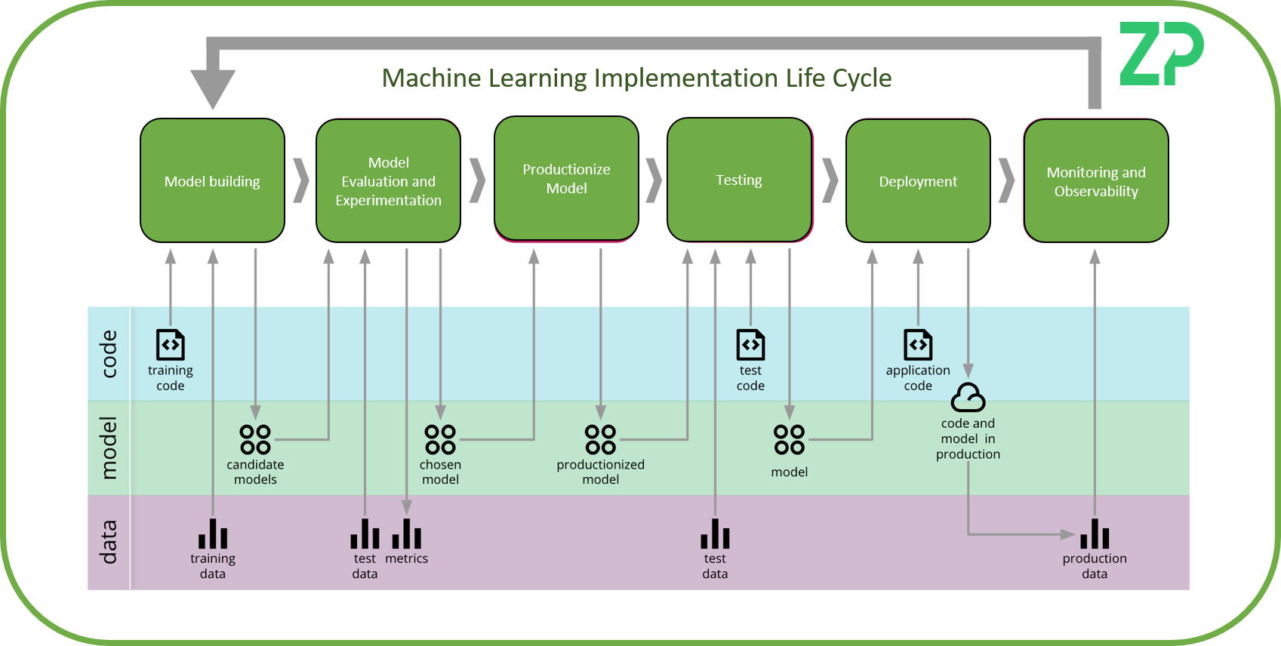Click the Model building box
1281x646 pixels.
coord(212,181)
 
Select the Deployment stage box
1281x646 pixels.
coord(918,181)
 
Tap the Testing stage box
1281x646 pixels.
coord(739,180)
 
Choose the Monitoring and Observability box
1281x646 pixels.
coord(1096,181)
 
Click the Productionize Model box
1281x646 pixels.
coord(566,179)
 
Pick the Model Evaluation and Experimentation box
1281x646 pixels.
coord(388,181)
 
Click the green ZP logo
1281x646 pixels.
coord(1160,54)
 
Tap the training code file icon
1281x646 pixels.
coord(170,345)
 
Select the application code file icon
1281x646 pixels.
coord(918,345)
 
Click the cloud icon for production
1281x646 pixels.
coord(968,397)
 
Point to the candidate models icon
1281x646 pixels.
coord(255,438)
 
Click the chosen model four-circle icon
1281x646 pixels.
coord(440,438)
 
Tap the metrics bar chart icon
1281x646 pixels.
coord(407,534)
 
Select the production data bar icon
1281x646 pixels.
coord(1095,534)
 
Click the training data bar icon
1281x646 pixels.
coord(213,534)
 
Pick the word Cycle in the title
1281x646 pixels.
coord(861,78)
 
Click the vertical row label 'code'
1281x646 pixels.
coord(109,353)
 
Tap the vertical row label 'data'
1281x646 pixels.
coord(109,542)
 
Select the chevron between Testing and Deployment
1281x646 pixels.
coord(830,181)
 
